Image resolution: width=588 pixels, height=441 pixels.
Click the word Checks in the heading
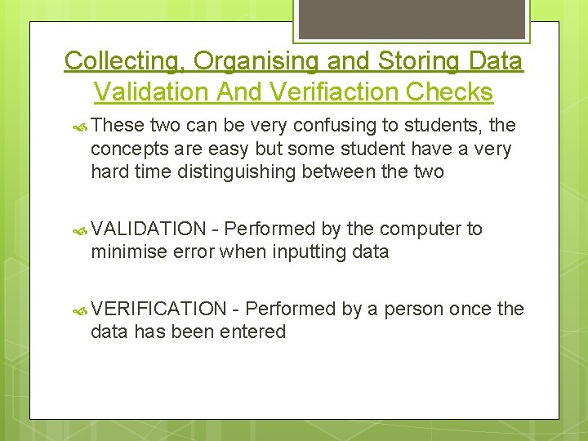[450, 92]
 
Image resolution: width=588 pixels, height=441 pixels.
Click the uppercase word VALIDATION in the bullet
[149, 229]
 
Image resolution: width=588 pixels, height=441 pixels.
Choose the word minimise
[129, 252]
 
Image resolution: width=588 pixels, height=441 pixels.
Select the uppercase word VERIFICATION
[159, 309]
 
